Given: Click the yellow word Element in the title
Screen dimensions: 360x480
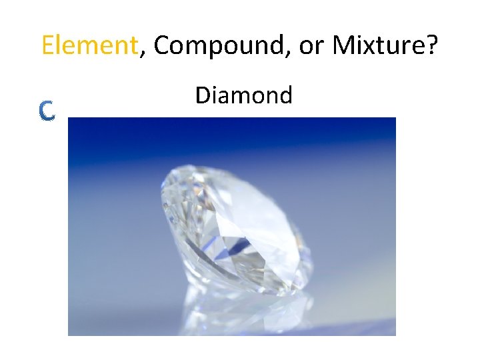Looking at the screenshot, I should [x=89, y=45].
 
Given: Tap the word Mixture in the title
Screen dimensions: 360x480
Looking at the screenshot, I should [x=377, y=45].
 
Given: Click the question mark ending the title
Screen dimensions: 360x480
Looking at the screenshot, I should [x=431, y=45].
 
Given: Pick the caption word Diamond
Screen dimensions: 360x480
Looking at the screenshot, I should [x=243, y=95].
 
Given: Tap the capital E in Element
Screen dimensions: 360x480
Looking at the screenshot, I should [x=47, y=45].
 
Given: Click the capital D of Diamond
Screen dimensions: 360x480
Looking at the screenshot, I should [x=201, y=95].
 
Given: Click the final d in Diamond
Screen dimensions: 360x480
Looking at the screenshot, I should [x=285, y=95].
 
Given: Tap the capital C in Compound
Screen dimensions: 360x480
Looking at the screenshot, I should [x=161, y=45].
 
